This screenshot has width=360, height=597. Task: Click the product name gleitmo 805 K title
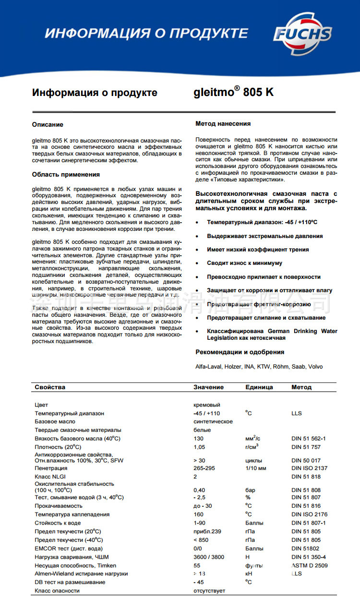(234, 92)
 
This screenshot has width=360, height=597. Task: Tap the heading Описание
(48, 125)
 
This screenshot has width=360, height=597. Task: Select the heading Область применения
(66, 174)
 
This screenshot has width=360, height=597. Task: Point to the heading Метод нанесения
(223, 124)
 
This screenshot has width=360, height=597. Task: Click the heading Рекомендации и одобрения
(240, 352)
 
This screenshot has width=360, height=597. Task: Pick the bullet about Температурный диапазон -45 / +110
(262, 223)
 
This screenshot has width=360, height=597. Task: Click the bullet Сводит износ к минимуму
(244, 263)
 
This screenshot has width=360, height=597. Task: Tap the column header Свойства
(50, 387)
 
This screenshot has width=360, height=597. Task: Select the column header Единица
(259, 387)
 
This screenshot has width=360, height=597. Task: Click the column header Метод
(301, 387)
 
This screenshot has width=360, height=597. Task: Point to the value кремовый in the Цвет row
(206, 405)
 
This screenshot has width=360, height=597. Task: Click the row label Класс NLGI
(50, 477)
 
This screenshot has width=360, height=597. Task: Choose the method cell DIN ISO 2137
(309, 468)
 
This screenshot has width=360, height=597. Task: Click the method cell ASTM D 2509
(309, 565)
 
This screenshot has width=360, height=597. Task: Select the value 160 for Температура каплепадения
(198, 514)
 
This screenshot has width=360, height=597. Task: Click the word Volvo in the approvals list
(315, 367)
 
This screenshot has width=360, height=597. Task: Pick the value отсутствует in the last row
(209, 591)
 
